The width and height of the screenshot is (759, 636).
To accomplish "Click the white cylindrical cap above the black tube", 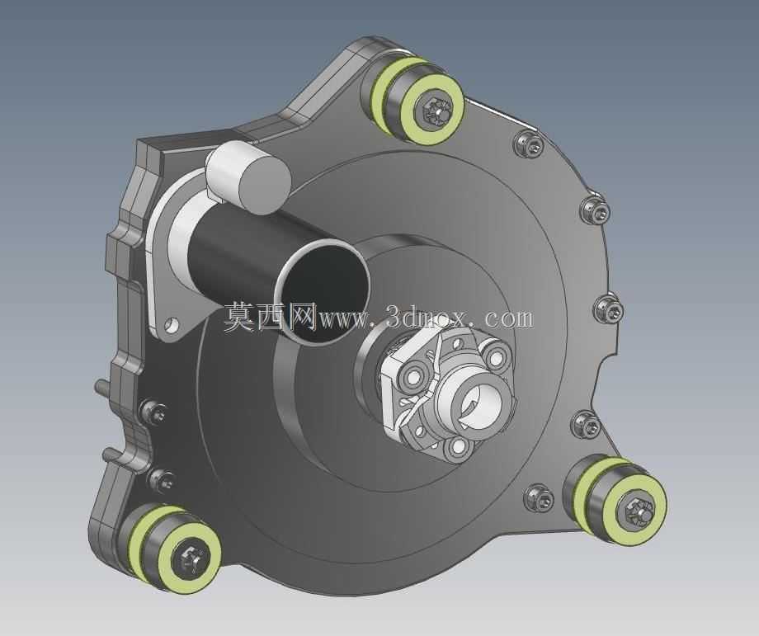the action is point(247,177).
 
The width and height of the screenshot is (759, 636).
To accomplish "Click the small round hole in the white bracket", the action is point(171,324).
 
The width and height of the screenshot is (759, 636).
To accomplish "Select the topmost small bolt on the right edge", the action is point(529,144).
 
